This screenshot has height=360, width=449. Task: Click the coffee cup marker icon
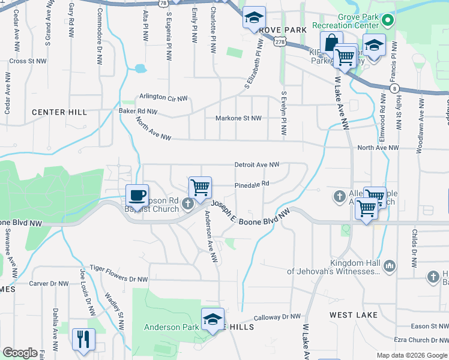click(x=137, y=195)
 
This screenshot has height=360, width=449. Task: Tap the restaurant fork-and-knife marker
click(x=83, y=339)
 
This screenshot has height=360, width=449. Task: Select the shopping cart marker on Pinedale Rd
click(x=200, y=187)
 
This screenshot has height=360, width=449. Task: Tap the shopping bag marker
click(x=331, y=43)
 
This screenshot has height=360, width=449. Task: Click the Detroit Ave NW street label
click(x=257, y=164)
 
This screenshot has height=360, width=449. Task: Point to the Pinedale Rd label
click(x=252, y=184)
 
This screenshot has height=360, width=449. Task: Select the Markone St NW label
click(x=239, y=118)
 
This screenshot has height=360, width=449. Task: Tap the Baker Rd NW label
click(x=138, y=112)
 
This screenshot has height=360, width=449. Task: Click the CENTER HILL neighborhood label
click(x=59, y=112)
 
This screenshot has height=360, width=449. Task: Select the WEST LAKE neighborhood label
click(x=354, y=315)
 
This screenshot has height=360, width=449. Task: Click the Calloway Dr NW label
click(x=277, y=317)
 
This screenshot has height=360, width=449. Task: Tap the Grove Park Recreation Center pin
click(x=388, y=21)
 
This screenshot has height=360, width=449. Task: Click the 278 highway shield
click(x=279, y=41)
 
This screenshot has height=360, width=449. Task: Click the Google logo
click(x=20, y=353)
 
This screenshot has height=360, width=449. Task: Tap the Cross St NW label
click(x=28, y=61)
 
